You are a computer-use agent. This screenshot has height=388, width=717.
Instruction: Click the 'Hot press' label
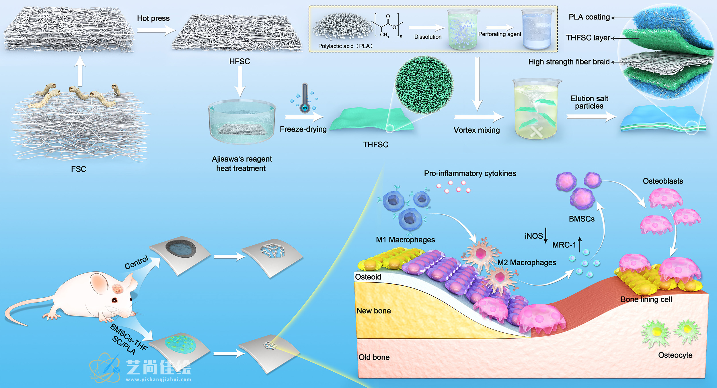pos(153,18)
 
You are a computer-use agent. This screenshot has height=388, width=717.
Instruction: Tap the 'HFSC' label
pos(239,61)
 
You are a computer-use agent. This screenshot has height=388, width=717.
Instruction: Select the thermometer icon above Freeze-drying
pos(305,98)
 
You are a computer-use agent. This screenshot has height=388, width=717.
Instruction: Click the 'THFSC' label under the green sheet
pos(375,145)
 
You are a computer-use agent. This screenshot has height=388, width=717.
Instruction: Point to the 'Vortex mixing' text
pos(476,130)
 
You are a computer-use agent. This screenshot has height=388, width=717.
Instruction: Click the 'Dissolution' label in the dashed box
pos(428,37)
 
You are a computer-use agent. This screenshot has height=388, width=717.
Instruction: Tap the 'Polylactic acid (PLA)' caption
pos(345,46)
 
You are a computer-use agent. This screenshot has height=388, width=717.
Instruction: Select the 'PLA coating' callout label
pos(589,17)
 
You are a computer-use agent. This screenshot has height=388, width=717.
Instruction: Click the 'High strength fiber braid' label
pos(569,62)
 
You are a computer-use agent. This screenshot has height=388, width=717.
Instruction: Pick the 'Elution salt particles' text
pos(589,102)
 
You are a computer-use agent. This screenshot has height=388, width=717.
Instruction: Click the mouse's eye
pos(114,300)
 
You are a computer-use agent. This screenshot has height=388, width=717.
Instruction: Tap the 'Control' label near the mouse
pos(137,262)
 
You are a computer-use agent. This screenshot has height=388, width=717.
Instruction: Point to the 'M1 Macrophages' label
pos(405,240)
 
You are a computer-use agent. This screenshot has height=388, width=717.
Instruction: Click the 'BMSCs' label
pos(582,219)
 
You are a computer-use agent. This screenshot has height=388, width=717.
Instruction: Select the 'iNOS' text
pos(533,236)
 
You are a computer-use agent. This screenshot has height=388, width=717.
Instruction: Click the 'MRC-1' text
pos(564,245)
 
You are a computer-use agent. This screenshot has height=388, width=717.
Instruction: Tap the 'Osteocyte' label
pos(675,355)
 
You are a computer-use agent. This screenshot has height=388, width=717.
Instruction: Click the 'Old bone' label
pos(374,357)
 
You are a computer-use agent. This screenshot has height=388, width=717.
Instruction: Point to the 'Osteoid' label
pos(368,277)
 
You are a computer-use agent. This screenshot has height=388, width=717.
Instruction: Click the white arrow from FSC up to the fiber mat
pos(80,71)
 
